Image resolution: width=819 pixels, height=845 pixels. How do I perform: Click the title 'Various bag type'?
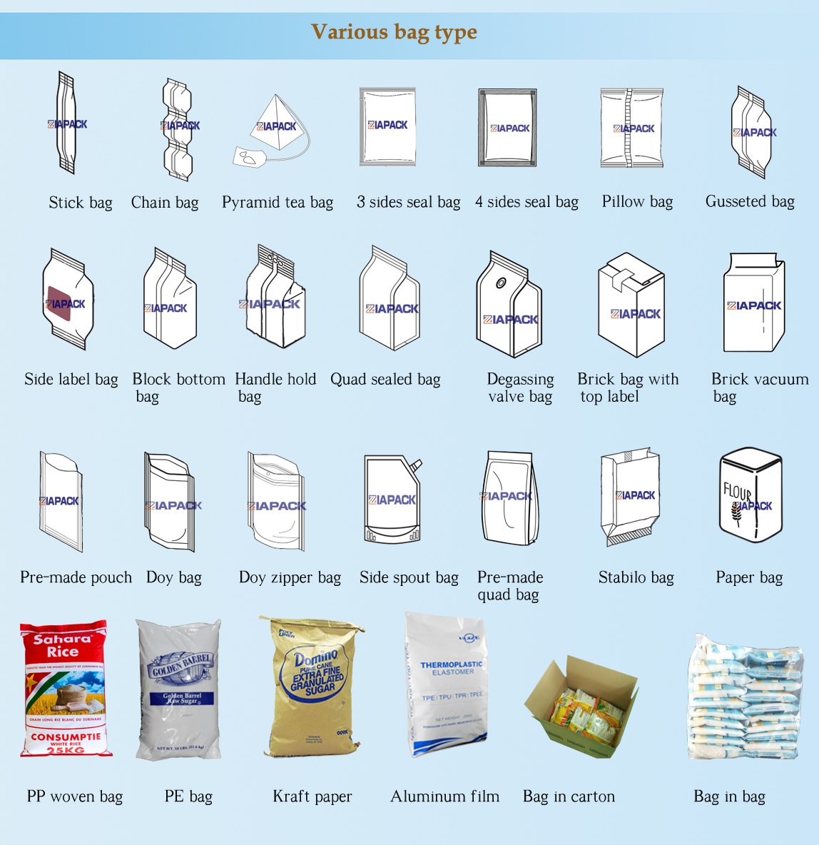(394, 32)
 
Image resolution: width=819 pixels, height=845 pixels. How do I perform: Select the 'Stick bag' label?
(81, 203)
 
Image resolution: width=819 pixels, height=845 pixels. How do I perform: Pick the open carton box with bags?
(581, 707)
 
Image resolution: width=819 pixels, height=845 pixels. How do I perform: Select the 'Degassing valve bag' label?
(520, 388)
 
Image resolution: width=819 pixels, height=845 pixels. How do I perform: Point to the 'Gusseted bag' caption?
(750, 202)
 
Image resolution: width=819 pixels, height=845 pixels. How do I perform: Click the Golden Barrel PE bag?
(179, 689)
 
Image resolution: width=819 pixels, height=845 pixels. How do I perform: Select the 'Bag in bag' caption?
(729, 796)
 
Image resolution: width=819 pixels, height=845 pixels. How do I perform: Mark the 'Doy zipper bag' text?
(290, 577)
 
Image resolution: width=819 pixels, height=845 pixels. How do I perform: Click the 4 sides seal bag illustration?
(507, 128)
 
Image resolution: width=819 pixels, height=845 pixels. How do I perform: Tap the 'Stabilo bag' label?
(636, 577)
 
